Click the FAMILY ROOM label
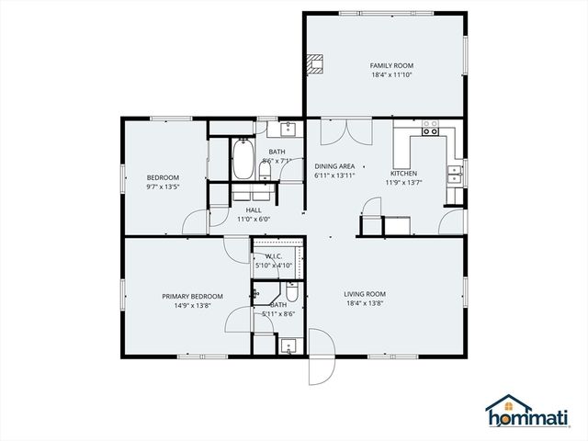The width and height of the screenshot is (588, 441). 391,65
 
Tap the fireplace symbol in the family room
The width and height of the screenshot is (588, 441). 316,63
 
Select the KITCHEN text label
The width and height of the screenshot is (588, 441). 403,173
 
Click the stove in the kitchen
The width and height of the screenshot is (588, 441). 430,131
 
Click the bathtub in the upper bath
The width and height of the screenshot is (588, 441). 243,159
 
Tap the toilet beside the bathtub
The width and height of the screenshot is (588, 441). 266,170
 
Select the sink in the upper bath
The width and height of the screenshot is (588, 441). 287,129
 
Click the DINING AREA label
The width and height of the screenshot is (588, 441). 334,165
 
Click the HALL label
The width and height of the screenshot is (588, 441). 254,210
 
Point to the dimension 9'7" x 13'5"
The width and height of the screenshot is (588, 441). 163,187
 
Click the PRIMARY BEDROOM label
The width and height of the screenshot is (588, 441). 192,296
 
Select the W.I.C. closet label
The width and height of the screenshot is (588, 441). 278,256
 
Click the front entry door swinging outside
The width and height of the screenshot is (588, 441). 321,368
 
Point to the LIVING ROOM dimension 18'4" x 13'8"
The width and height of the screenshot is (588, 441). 364,304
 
